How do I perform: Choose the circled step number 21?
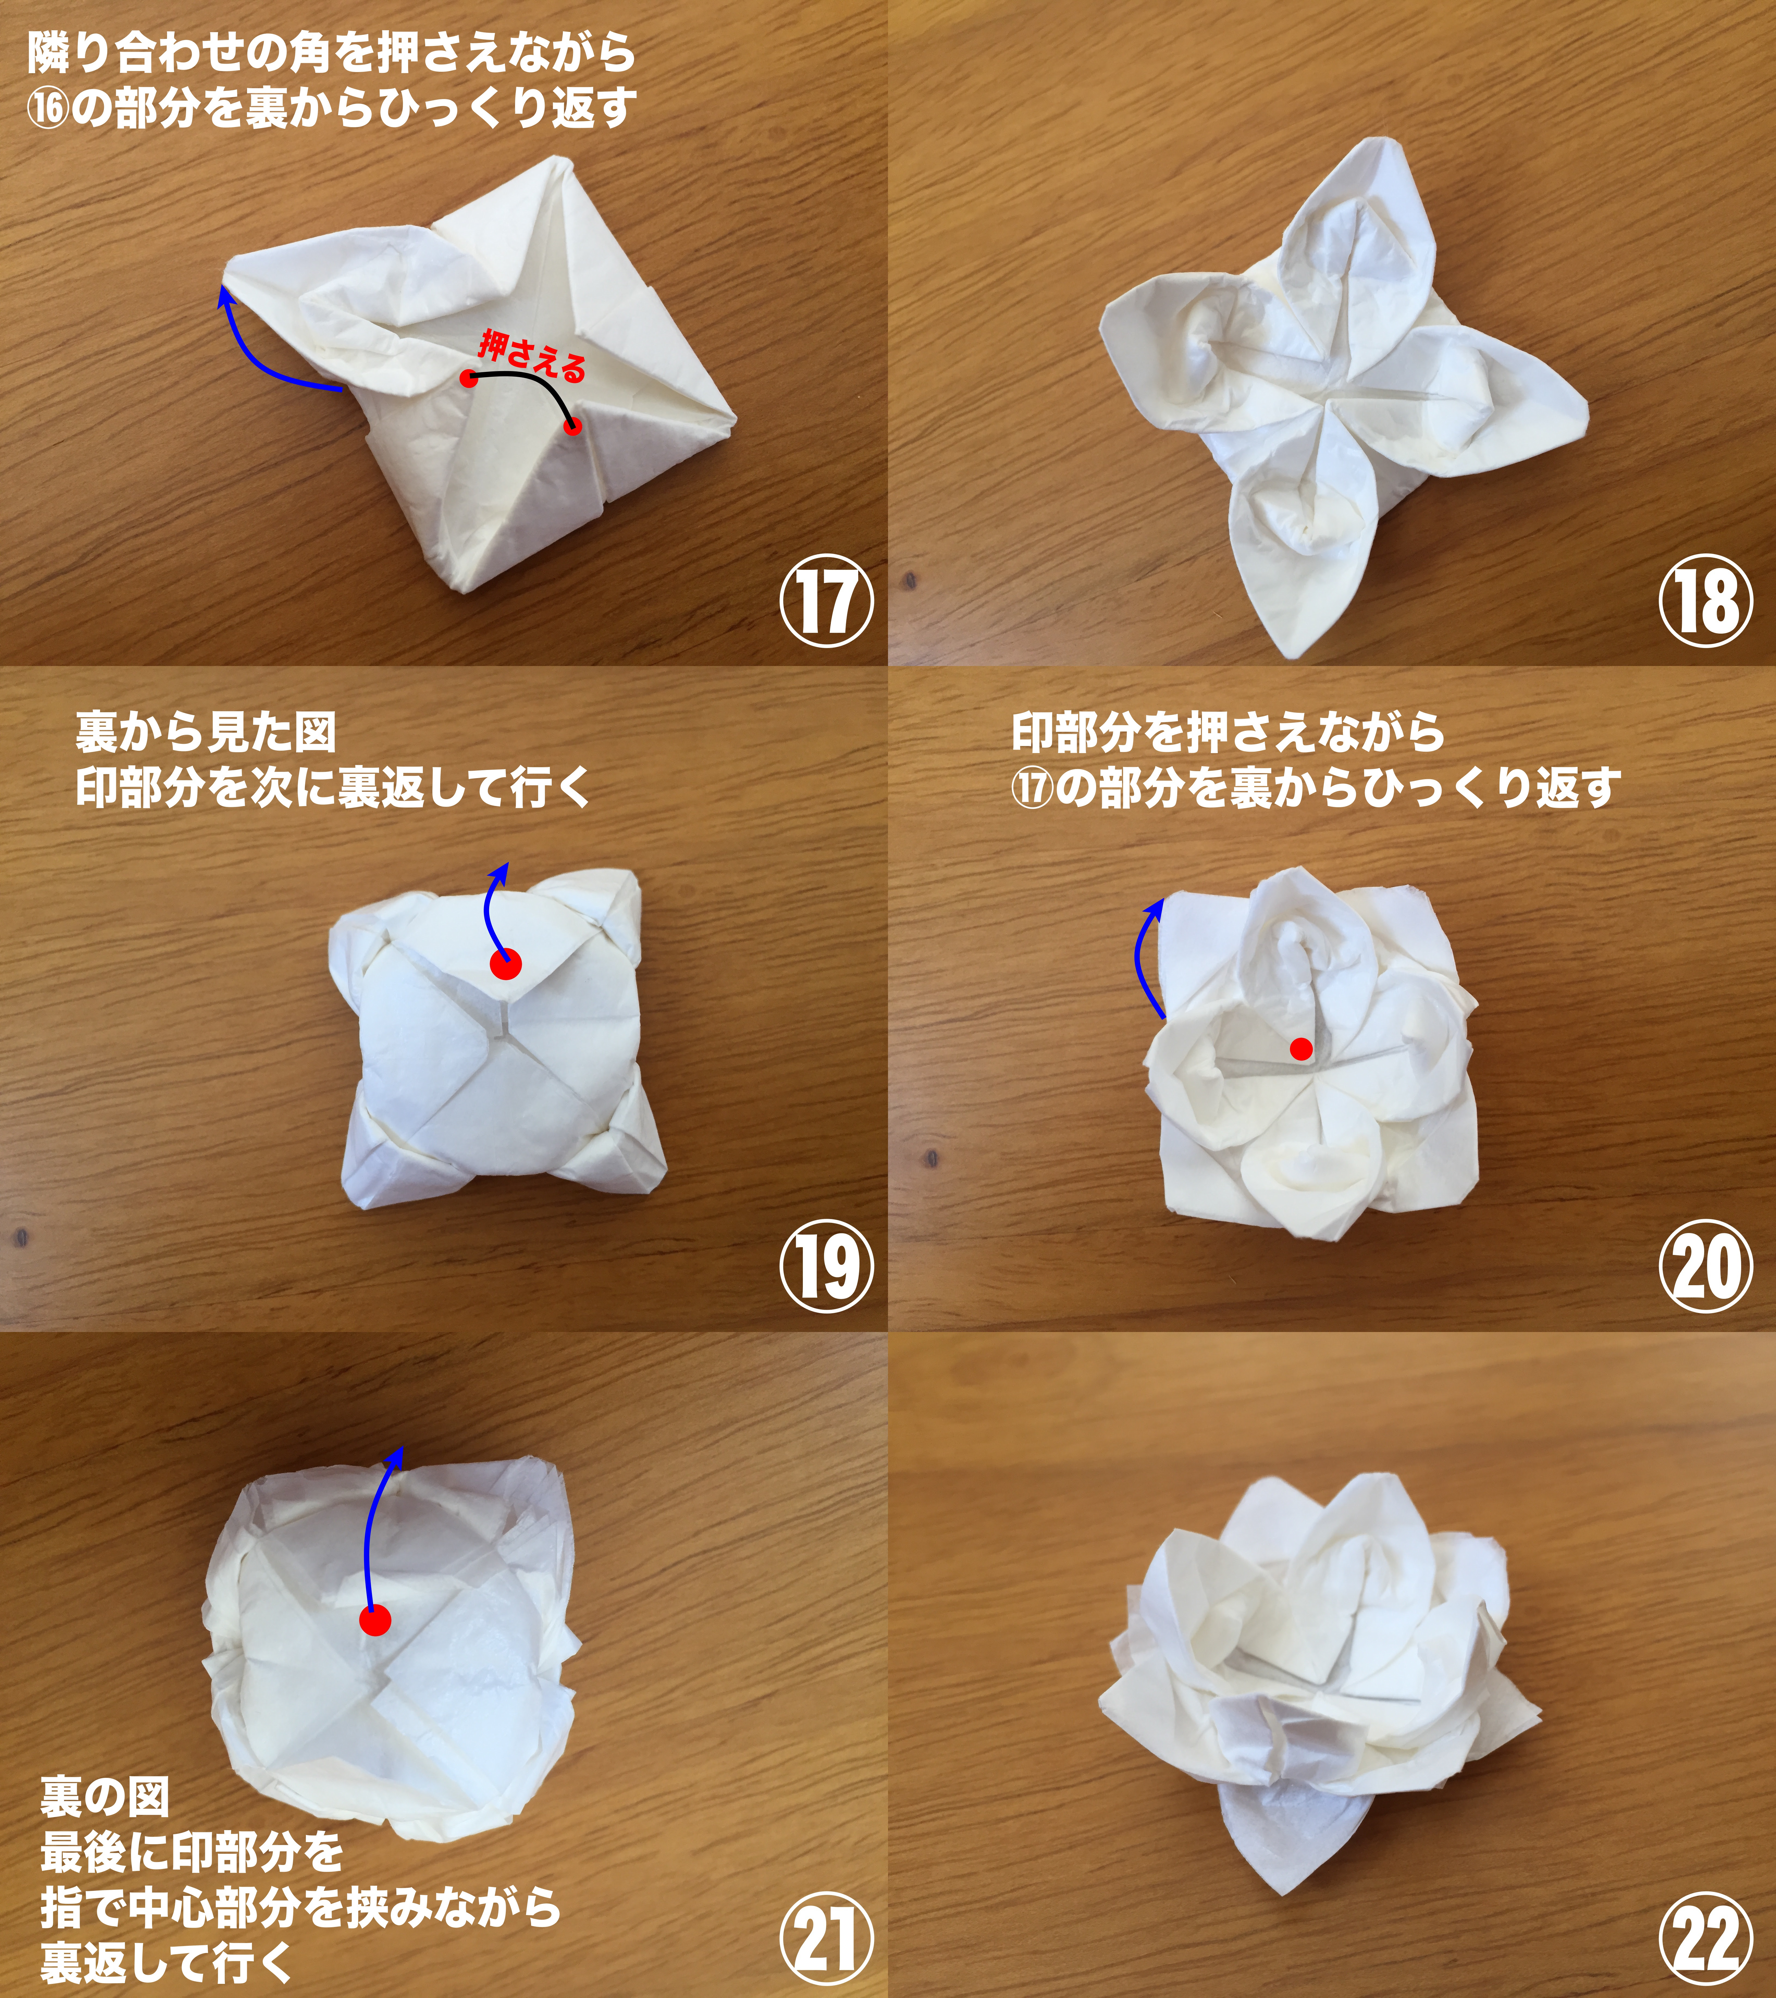point(826,1938)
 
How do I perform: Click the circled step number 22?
point(1706,1938)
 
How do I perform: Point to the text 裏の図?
point(104,1796)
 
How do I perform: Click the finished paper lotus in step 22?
point(1319,1662)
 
